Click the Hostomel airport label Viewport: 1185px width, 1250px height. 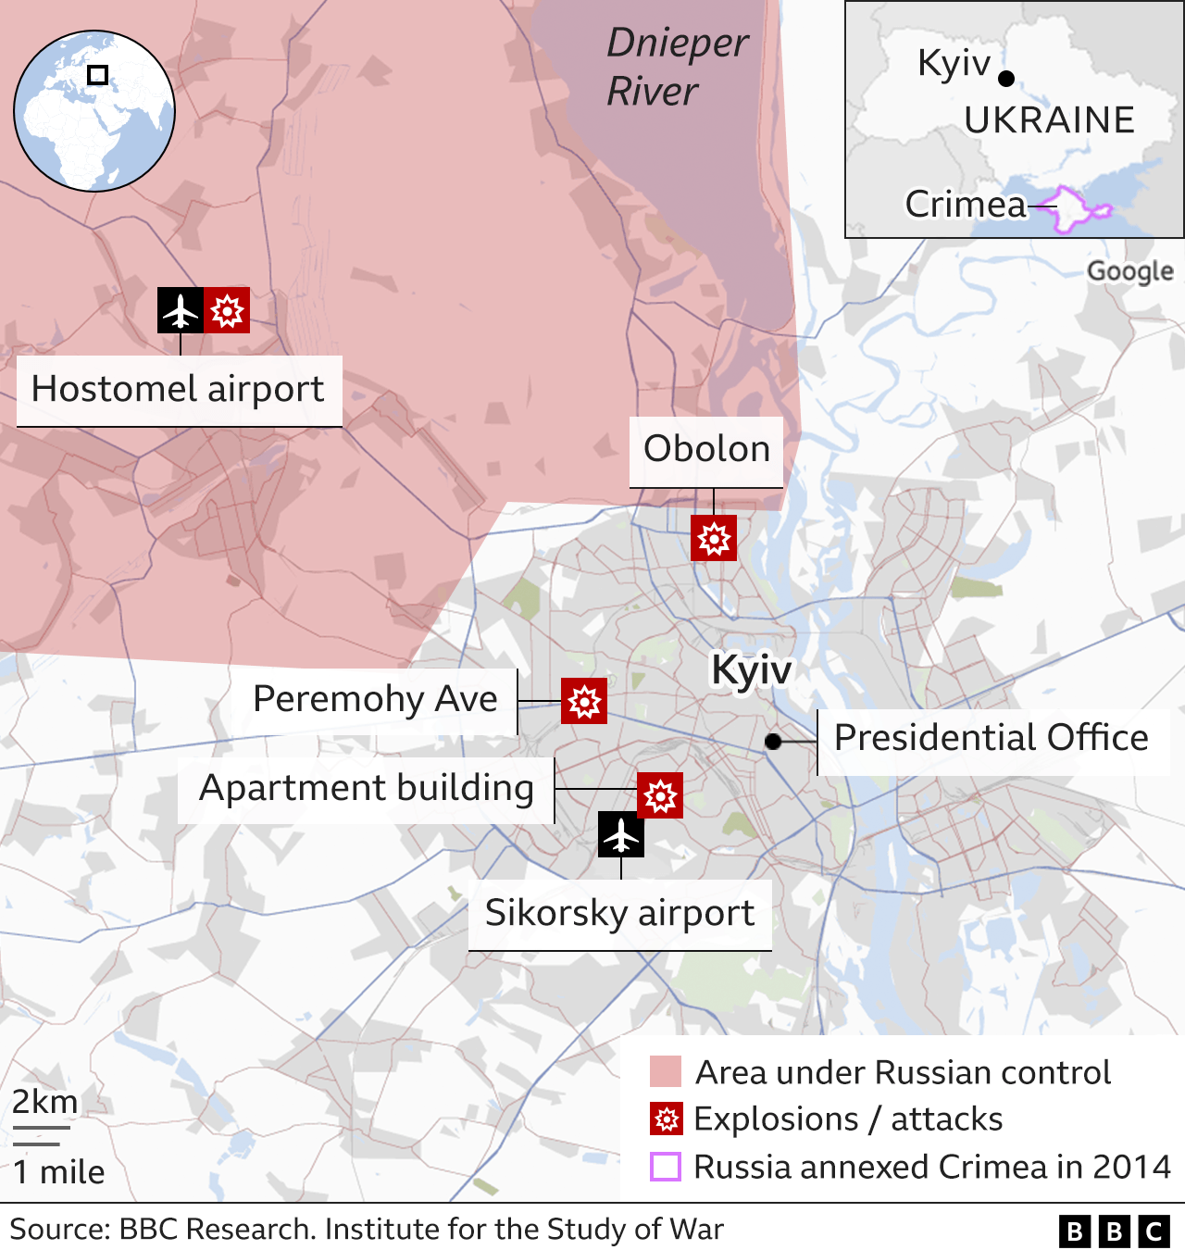[179, 390]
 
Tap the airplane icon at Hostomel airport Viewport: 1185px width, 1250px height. [181, 310]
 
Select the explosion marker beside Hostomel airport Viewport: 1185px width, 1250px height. [227, 310]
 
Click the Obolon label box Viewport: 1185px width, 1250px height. [706, 450]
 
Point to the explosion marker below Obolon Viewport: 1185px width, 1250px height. [714, 538]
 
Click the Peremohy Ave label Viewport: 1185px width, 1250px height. [375, 700]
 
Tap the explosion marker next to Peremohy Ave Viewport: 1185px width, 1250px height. [584, 701]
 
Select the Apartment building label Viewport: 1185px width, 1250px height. [367, 789]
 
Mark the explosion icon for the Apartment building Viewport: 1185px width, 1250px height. [660, 795]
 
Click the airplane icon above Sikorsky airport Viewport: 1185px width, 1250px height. [621, 835]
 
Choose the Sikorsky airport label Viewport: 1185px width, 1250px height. [619, 914]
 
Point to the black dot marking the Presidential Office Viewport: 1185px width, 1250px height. [773, 742]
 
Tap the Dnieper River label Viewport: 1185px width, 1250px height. [677, 67]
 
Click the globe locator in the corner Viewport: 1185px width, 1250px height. [94, 111]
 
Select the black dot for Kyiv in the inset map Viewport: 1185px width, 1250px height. [1006, 79]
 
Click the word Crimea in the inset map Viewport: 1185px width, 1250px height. [966, 205]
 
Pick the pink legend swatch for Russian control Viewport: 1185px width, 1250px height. [666, 1071]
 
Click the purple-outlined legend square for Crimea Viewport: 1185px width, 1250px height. [666, 1167]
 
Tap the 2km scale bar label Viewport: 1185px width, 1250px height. [44, 1103]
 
